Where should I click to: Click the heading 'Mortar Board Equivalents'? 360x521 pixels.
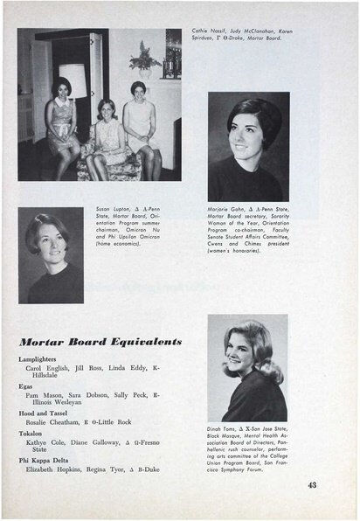point(100,341)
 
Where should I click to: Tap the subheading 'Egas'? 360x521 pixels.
point(29,386)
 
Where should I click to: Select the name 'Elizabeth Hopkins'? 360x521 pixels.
point(64,469)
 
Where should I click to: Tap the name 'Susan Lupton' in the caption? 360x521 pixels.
point(113,211)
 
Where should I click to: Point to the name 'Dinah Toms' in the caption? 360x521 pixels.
point(224,429)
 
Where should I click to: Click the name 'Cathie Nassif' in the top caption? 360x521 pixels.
point(210,31)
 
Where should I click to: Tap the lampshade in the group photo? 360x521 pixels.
point(73,80)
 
